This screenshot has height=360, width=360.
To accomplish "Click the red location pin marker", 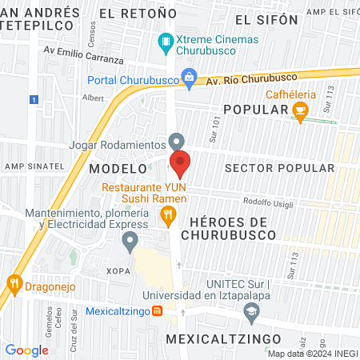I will pyautogui.click(x=180, y=164).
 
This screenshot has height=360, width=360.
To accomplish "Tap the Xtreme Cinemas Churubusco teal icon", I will pyautogui.click(x=166, y=41).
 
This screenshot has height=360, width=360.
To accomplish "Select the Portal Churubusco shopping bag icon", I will pyautogui.click(x=189, y=78).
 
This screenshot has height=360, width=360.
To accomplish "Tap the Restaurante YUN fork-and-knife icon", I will pyautogui.click(x=168, y=214).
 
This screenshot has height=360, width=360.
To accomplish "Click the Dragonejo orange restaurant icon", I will pyautogui.click(x=14, y=282).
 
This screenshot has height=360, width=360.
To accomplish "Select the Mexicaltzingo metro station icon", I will pyautogui.click(x=157, y=310).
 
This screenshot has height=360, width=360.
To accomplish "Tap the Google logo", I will pyautogui.click(x=26, y=350).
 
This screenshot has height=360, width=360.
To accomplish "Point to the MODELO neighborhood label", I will pyautogui.click(x=118, y=170).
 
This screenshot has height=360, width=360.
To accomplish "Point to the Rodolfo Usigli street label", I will pyautogui.click(x=264, y=202).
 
